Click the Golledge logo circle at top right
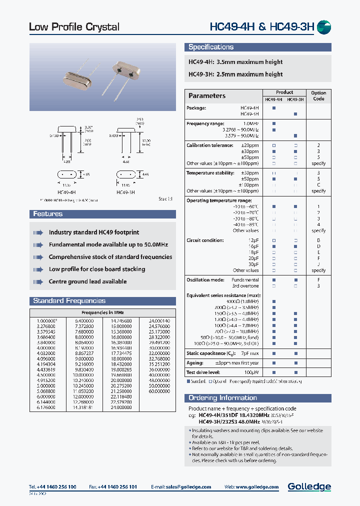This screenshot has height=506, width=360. coord(324,26)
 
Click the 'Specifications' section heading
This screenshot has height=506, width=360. coord(210,47)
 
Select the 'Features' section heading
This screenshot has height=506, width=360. coord(48,214)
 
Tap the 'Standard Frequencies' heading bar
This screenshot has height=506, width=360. coord(69,301)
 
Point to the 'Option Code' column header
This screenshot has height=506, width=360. coord(318,95)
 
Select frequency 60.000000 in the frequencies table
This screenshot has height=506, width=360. coord(159,390)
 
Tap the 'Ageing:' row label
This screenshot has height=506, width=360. coord(195,363)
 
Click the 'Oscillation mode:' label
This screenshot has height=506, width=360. coord(206,280)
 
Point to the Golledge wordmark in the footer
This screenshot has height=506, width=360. coord(309,486)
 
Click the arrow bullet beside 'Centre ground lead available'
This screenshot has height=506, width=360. coord(38,281)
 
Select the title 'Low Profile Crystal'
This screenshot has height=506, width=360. coord(74,27)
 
